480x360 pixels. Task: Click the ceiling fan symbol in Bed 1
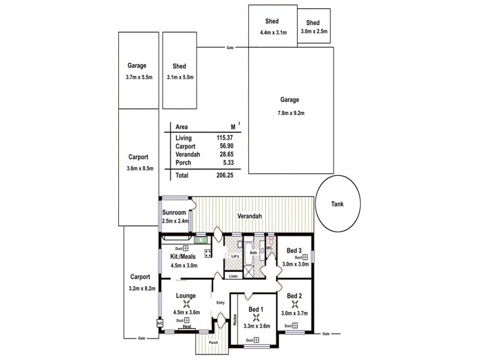256,317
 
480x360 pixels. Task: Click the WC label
269,247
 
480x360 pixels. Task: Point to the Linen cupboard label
233,277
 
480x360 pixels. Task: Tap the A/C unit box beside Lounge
160,323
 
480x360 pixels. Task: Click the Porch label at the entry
213,344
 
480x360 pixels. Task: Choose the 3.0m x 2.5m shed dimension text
314,31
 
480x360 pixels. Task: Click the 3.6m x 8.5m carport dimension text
141,169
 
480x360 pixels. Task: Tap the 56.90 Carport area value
216,146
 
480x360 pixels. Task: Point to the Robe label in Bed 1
235,318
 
